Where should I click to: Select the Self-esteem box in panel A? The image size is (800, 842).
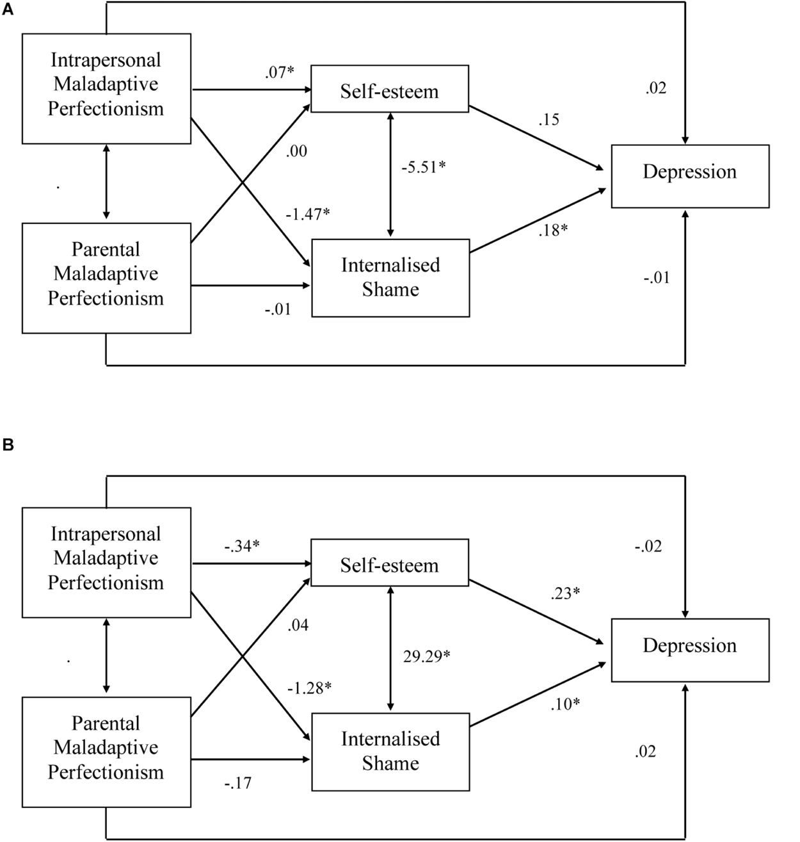pyautogui.click(x=389, y=90)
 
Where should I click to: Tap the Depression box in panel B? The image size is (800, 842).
pyautogui.click(x=689, y=649)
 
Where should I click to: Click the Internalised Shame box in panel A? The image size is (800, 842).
pyautogui.click(x=390, y=277)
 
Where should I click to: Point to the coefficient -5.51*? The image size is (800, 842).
pyautogui.click(x=423, y=167)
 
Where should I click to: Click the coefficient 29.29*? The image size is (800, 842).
pyautogui.click(x=426, y=656)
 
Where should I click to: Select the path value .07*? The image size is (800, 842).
pyautogui.click(x=279, y=72)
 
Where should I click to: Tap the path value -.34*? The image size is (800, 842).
pyautogui.click(x=241, y=547)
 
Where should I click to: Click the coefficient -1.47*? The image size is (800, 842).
pyautogui.click(x=308, y=214)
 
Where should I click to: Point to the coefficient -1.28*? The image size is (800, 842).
pyautogui.click(x=309, y=688)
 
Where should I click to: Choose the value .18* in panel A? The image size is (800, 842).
pyautogui.click(x=553, y=230)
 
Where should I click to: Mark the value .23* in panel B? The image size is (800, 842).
pyautogui.click(x=565, y=594)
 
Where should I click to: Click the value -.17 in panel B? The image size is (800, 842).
pyautogui.click(x=237, y=782)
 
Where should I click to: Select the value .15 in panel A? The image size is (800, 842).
pyautogui.click(x=548, y=119)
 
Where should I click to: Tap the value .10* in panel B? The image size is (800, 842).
pyautogui.click(x=565, y=704)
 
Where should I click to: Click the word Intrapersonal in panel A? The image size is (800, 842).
pyautogui.click(x=106, y=60)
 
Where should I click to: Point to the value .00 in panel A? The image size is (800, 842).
pyautogui.click(x=297, y=151)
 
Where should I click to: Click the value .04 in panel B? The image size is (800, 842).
pyautogui.click(x=298, y=625)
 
